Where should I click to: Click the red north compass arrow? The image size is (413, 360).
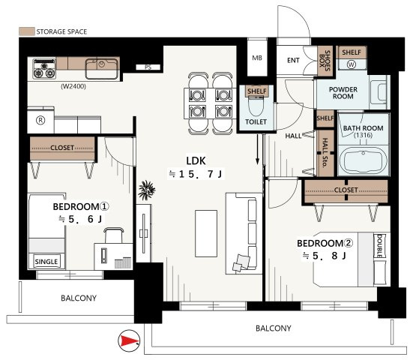[129, 340]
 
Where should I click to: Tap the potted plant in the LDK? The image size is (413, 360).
[147, 190]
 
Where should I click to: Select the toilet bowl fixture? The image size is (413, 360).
[256, 106]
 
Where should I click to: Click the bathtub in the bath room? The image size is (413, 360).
[364, 160]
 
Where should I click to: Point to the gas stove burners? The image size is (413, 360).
[44, 69]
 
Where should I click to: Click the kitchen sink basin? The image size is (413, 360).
[102, 68]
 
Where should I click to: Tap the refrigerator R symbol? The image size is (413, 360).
[40, 121]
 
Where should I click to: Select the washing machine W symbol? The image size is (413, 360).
[352, 64]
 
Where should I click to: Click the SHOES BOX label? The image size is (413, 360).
[325, 61]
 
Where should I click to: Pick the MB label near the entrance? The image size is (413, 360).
[257, 58]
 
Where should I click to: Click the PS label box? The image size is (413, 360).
[148, 67]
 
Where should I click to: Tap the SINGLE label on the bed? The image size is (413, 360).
[46, 262]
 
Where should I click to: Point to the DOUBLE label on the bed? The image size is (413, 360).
[379, 246]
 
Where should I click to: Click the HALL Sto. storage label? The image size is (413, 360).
[325, 153]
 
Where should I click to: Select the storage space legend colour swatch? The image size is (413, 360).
[26, 31]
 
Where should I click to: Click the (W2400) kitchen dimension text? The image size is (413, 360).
[73, 86]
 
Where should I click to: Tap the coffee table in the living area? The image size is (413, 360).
[206, 233]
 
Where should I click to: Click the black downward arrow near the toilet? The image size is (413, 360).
[257, 149]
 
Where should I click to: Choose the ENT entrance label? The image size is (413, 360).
[293, 60]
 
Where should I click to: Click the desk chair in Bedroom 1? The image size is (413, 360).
[114, 235]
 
